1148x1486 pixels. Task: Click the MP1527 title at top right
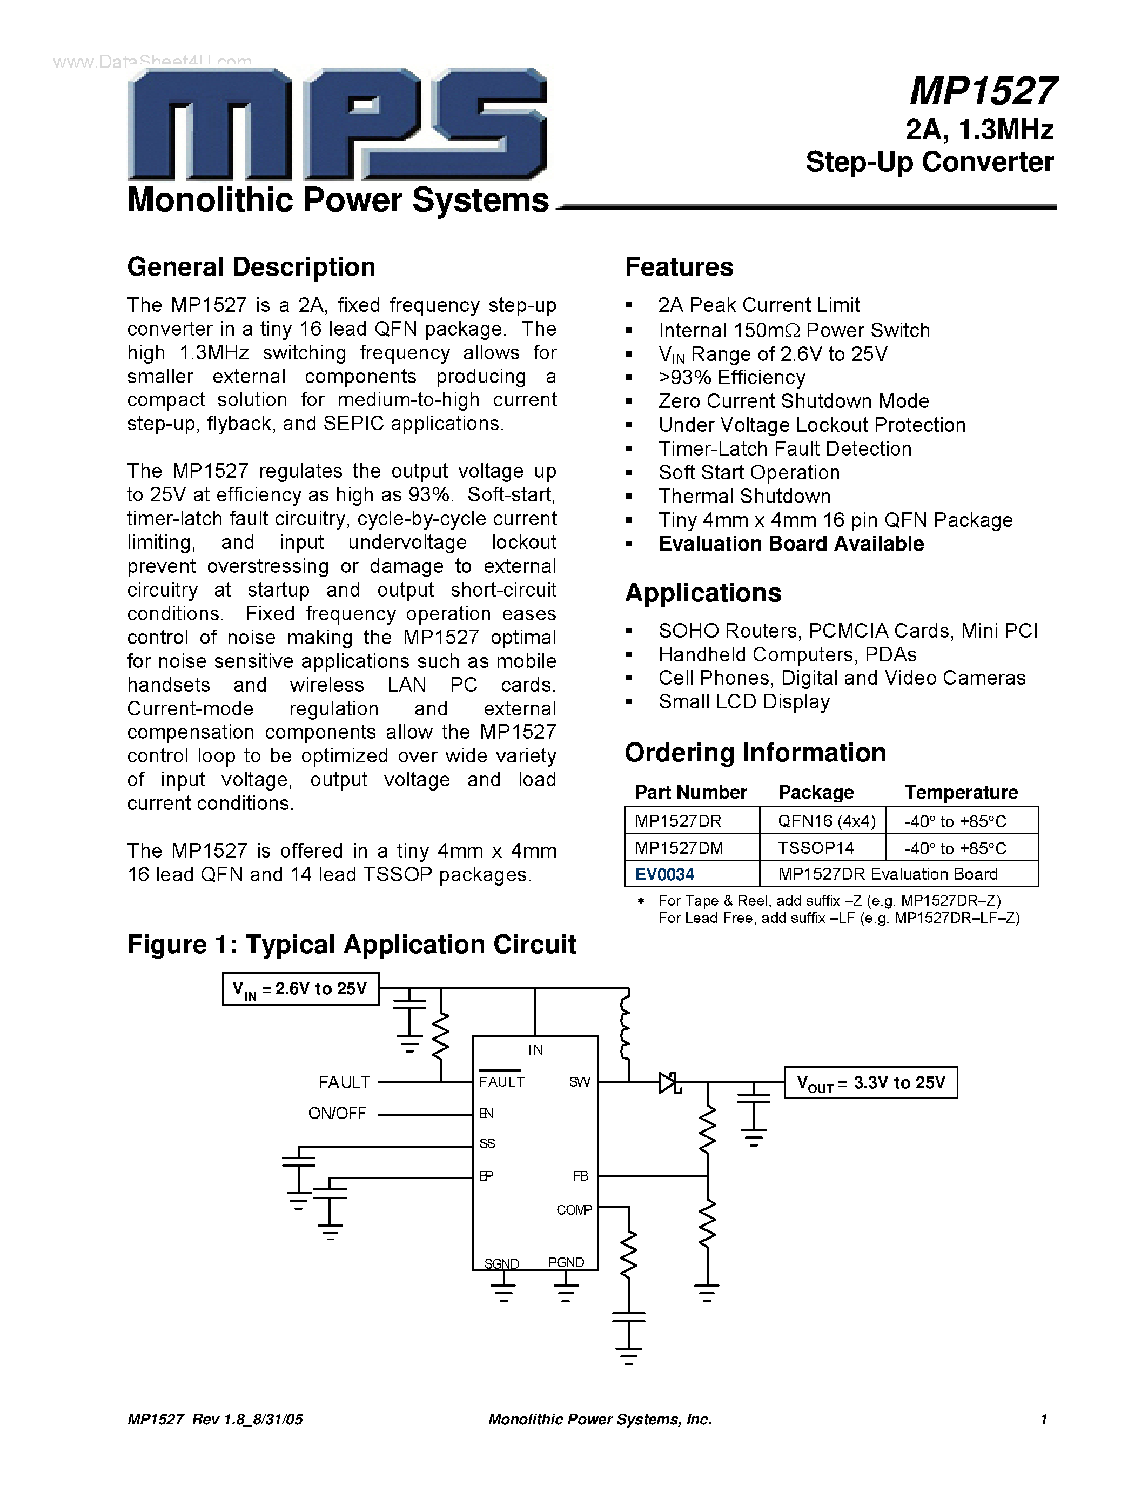pyautogui.click(x=983, y=91)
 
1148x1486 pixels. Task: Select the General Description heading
pyautogui.click(x=251, y=267)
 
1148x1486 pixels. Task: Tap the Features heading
pyautogui.click(x=679, y=267)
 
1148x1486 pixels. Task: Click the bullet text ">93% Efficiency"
pyautogui.click(x=732, y=378)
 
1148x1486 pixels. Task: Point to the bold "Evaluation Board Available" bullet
pyautogui.click(x=791, y=544)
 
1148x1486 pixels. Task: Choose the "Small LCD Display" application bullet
pyautogui.click(x=744, y=701)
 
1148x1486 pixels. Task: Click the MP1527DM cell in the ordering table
pyautogui.click(x=679, y=848)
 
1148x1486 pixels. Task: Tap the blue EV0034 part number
pyautogui.click(x=664, y=874)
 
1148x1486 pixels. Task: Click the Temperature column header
pyautogui.click(x=961, y=793)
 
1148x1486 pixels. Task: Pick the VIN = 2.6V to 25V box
pyautogui.click(x=300, y=989)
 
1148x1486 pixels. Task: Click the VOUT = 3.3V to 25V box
pyautogui.click(x=870, y=1082)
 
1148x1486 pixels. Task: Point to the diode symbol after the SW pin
pyautogui.click(x=670, y=1082)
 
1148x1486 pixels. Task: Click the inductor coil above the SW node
pyautogui.click(x=626, y=1026)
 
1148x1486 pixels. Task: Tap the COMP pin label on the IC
pyautogui.click(x=574, y=1210)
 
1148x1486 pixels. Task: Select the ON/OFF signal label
pyautogui.click(x=337, y=1114)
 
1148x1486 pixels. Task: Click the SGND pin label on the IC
pyautogui.click(x=502, y=1263)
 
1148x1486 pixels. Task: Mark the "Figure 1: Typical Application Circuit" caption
pyautogui.click(x=352, y=945)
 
